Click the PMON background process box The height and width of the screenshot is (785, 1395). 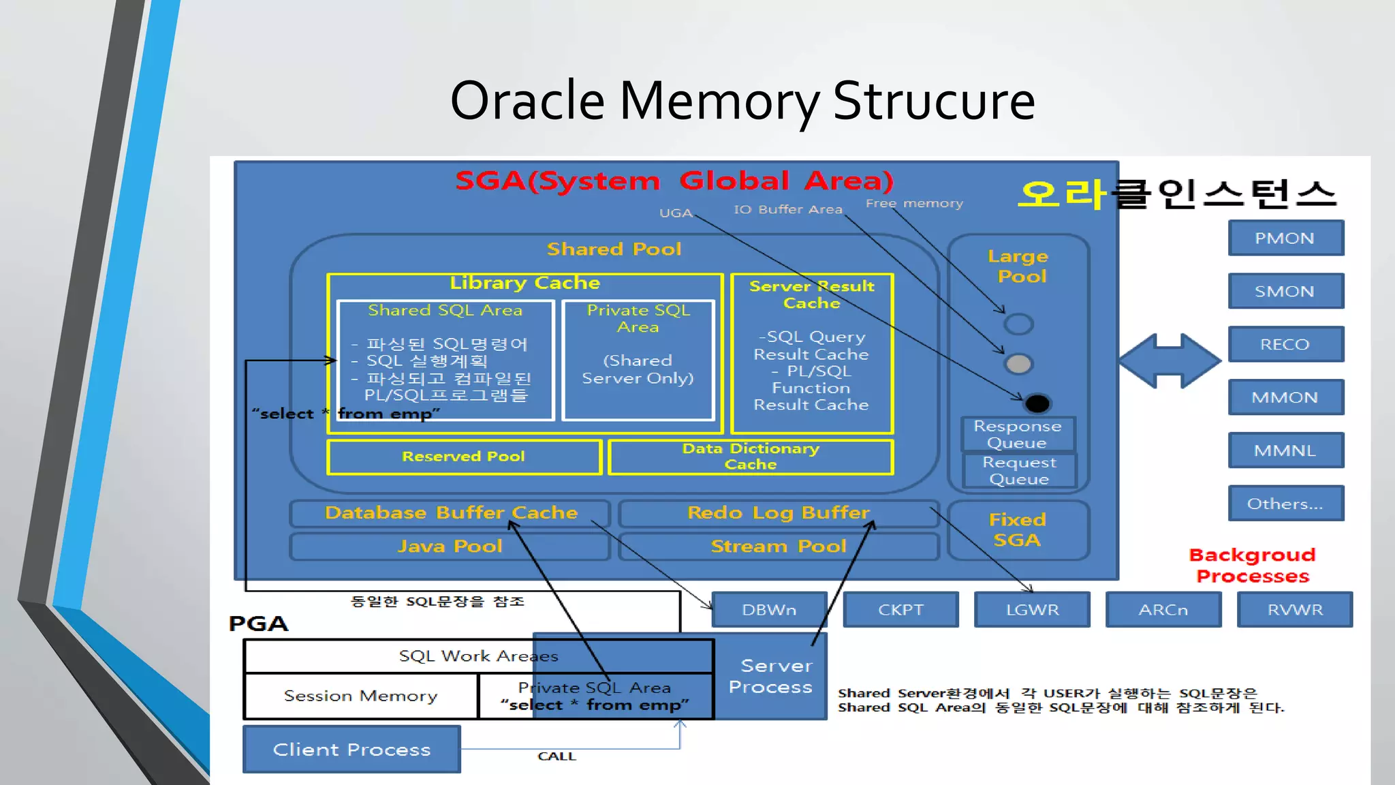pyautogui.click(x=1285, y=238)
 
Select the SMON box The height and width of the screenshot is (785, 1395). pyautogui.click(x=1285, y=291)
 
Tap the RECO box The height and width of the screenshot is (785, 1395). pyautogui.click(x=1285, y=344)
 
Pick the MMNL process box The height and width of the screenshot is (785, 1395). pyautogui.click(x=1285, y=450)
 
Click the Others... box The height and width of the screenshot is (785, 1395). pyautogui.click(x=1285, y=504)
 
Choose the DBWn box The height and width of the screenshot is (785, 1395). pyautogui.click(x=769, y=610)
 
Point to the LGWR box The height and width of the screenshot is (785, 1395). pyautogui.click(x=1032, y=610)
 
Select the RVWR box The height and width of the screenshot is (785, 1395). pyautogui.click(x=1294, y=610)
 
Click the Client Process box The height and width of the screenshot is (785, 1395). pyautogui.click(x=351, y=750)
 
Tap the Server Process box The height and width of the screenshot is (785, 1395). pyautogui.click(x=770, y=676)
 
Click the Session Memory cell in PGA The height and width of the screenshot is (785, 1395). pyautogui.click(x=360, y=696)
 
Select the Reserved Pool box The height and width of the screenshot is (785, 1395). pyautogui.click(x=464, y=457)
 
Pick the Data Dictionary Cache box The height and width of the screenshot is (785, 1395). pyautogui.click(x=750, y=457)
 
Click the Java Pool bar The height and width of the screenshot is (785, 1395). pyautogui.click(x=450, y=547)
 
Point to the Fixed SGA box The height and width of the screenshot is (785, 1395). pyautogui.click(x=1018, y=530)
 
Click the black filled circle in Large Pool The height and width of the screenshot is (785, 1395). pyautogui.click(x=1037, y=403)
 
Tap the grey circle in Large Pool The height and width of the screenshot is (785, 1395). pyautogui.click(x=1019, y=364)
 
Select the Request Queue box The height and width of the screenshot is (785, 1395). pyautogui.click(x=1019, y=470)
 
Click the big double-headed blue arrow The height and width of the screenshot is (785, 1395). pyautogui.click(x=1169, y=361)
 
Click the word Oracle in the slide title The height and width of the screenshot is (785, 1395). pyautogui.click(x=527, y=101)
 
